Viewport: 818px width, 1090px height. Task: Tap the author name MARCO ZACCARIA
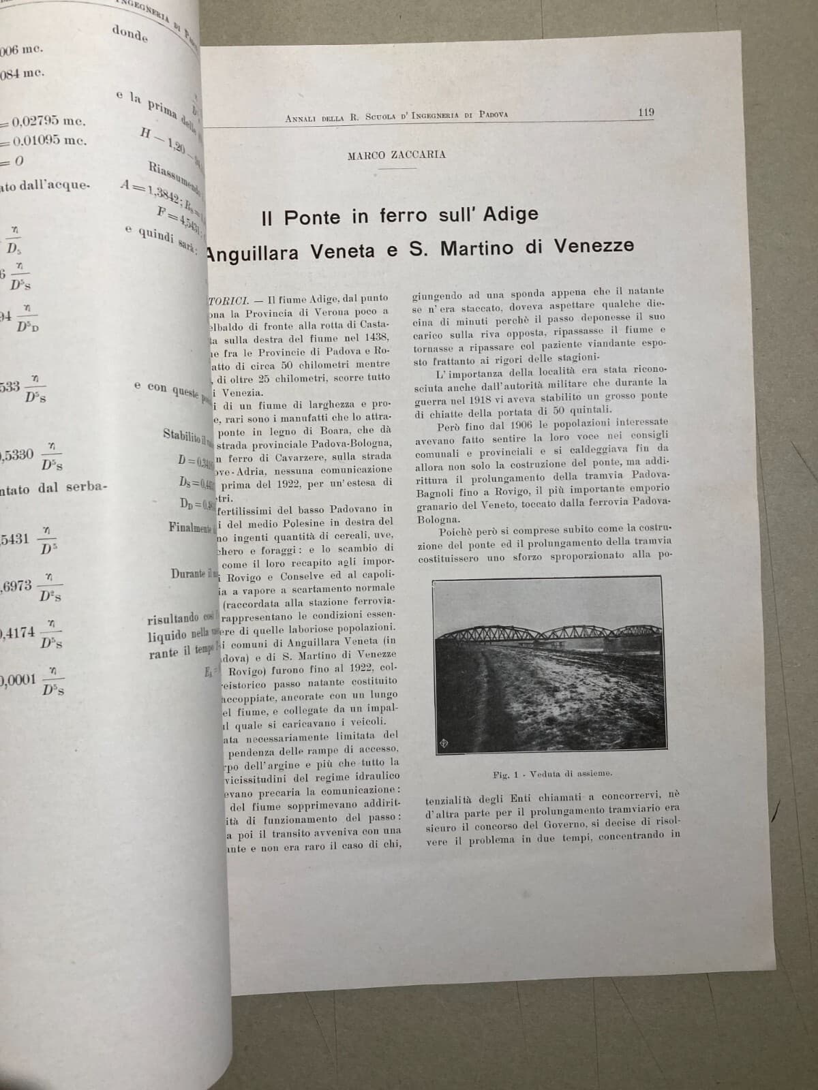click(396, 155)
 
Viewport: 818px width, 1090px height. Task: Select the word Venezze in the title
click(592, 246)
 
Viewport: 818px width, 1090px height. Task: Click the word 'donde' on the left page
click(130, 33)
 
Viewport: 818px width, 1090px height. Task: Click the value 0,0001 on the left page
click(19, 680)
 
